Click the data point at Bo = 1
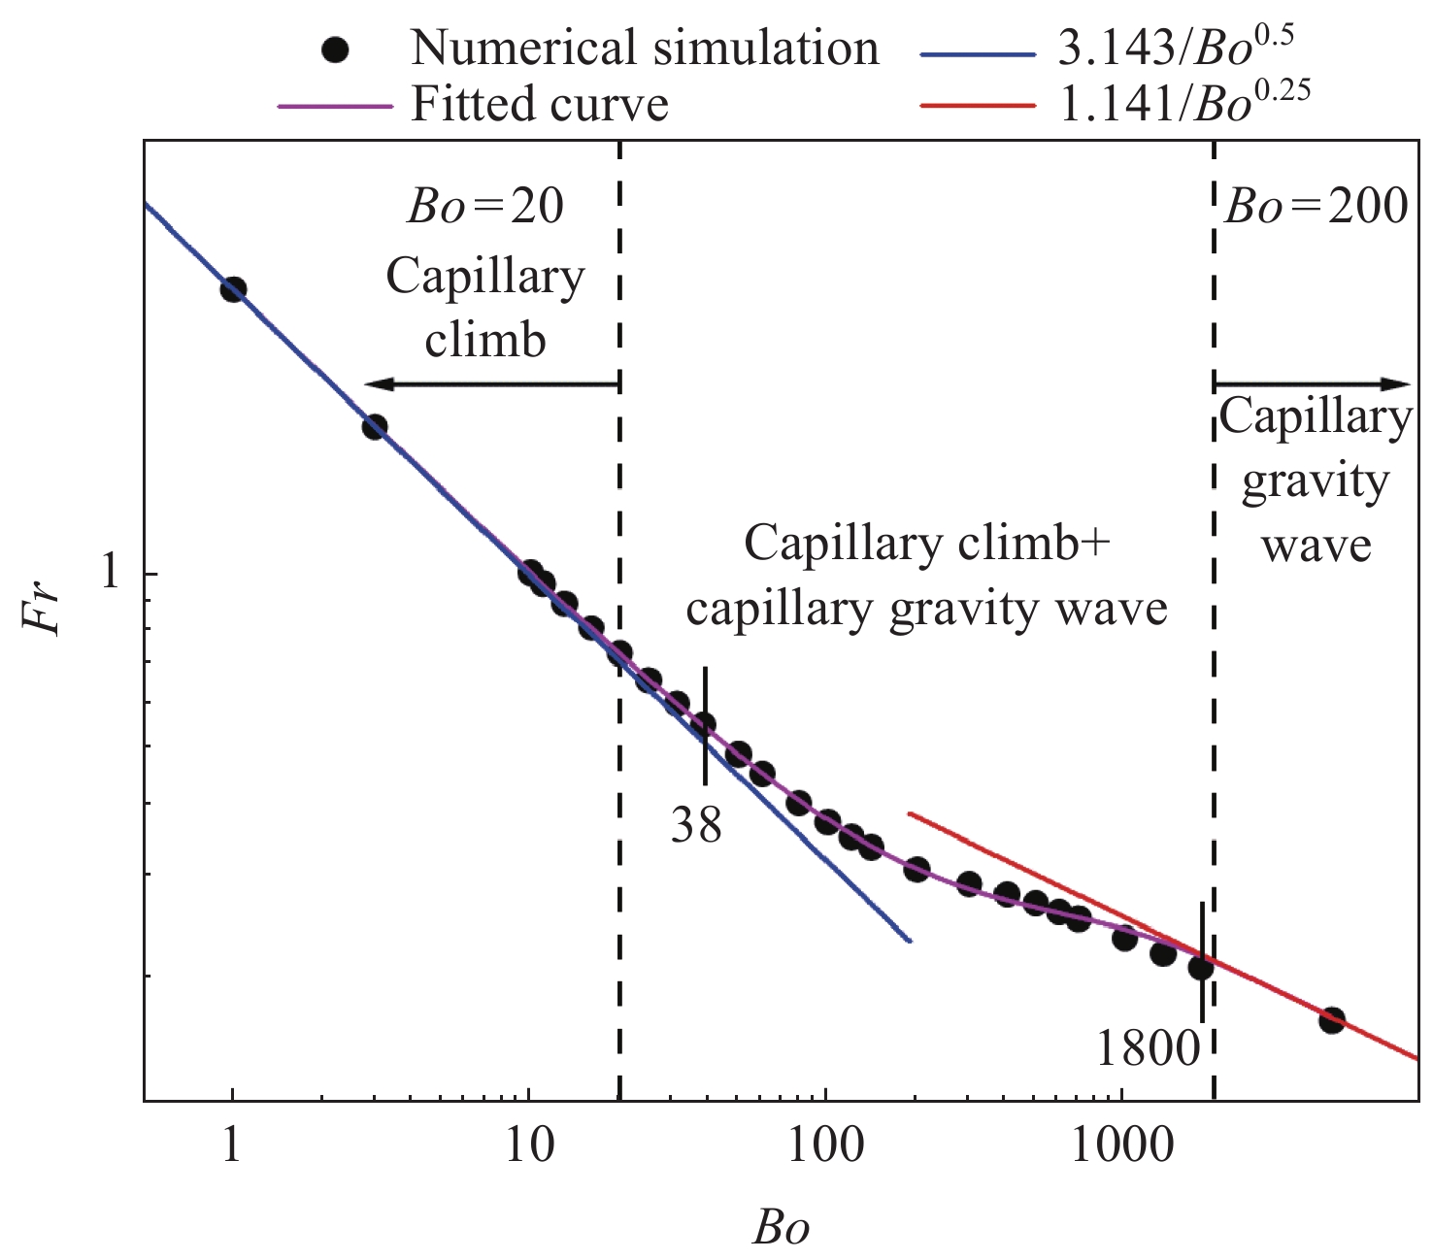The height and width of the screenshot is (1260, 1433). (233, 289)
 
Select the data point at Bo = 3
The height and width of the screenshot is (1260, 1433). (375, 427)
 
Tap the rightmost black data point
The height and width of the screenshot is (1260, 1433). (1332, 1020)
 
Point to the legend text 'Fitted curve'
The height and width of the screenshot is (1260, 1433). (539, 103)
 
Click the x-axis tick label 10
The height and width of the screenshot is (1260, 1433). (528, 1147)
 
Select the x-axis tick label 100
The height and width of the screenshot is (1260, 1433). (825, 1147)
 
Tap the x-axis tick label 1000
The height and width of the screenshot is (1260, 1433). (1121, 1147)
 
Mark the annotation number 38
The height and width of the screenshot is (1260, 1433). (696, 826)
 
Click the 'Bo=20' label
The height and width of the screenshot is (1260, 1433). (484, 207)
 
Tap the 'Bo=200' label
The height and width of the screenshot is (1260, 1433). (1316, 207)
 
